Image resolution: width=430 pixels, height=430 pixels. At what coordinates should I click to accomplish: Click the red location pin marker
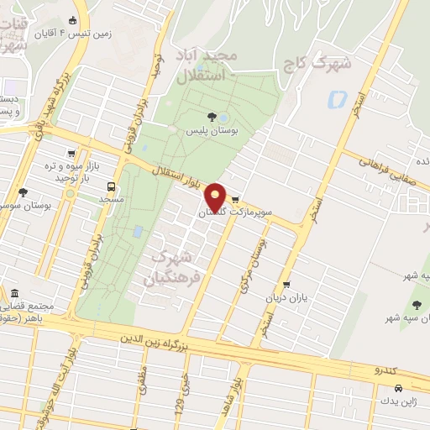pyautogui.click(x=216, y=196)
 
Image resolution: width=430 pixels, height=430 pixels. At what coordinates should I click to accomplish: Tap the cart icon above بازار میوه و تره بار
pyautogui.click(x=71, y=154)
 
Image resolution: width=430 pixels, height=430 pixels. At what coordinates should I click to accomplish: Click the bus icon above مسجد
pyautogui.click(x=111, y=186)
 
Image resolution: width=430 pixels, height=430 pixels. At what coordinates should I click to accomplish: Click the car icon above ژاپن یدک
pyautogui.click(x=398, y=389)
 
